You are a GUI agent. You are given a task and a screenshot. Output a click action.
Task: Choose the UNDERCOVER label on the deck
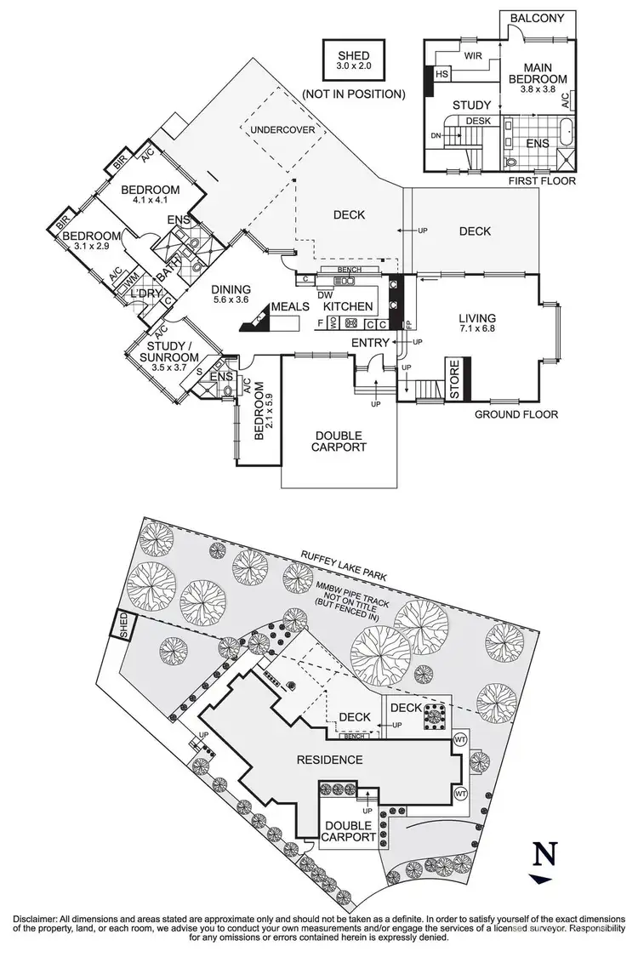[x=282, y=129]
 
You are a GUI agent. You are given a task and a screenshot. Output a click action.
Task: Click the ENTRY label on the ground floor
[x=370, y=342]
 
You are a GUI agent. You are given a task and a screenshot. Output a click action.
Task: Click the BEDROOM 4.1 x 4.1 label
[x=150, y=195]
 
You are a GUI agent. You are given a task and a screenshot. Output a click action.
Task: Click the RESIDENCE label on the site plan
[x=330, y=759]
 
